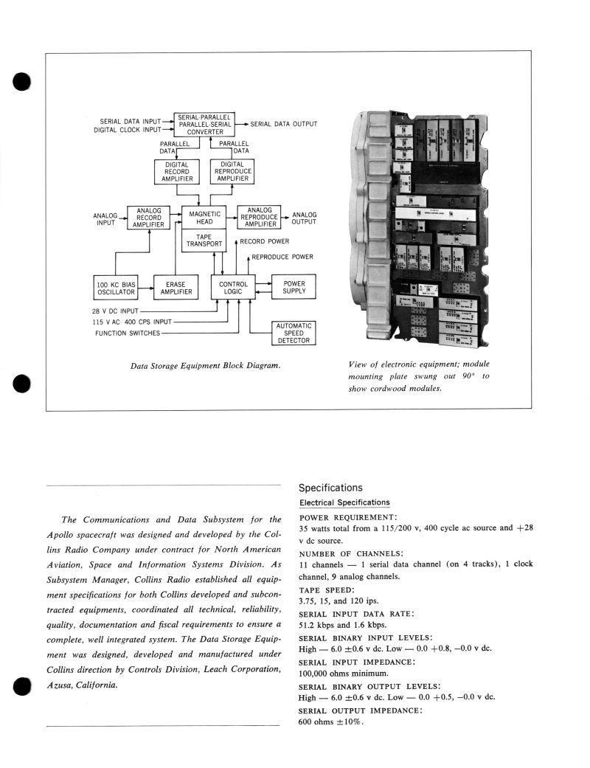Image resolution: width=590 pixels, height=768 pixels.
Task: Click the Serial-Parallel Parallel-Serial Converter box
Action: pyautogui.click(x=204, y=124)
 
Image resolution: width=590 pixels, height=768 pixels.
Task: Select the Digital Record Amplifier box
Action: pyautogui.click(x=176, y=171)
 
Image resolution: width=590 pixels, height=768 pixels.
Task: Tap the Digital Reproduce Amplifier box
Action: pyautogui.click(x=232, y=171)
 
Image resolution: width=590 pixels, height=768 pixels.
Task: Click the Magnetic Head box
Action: pyautogui.click(x=204, y=218)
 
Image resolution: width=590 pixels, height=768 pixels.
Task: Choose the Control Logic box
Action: pyautogui.click(x=234, y=287)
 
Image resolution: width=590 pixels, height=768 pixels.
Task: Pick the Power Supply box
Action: pyautogui.click(x=294, y=287)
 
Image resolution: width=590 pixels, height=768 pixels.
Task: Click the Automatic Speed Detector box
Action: pyautogui.click(x=294, y=333)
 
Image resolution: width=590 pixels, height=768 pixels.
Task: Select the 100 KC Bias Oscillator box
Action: pyautogui.click(x=116, y=287)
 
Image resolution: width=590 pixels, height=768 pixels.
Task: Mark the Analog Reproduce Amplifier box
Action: pyautogui.click(x=259, y=218)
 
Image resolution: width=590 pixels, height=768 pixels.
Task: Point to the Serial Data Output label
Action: pyautogui.click(x=284, y=124)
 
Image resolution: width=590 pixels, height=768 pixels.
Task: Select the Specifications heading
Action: pyautogui.click(x=330, y=488)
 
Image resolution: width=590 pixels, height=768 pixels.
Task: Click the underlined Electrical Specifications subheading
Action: pyautogui.click(x=344, y=502)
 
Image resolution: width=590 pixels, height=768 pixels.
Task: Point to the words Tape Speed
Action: pyautogui.click(x=325, y=590)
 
